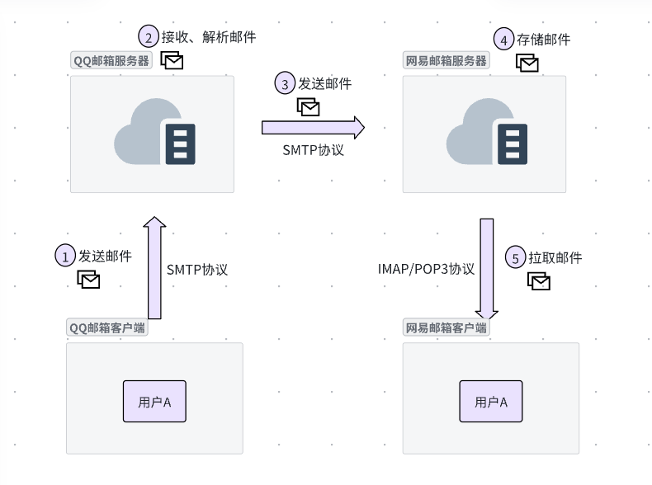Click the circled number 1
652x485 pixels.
click(65, 256)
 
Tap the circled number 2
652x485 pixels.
click(148, 37)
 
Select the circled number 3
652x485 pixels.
click(285, 84)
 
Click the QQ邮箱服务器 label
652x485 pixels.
click(112, 60)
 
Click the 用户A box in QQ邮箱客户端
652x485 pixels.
click(154, 402)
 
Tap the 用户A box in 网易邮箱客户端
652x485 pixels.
click(491, 402)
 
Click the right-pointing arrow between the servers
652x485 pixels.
click(313, 127)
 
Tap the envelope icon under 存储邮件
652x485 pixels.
click(527, 62)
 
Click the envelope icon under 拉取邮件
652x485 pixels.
click(539, 281)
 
